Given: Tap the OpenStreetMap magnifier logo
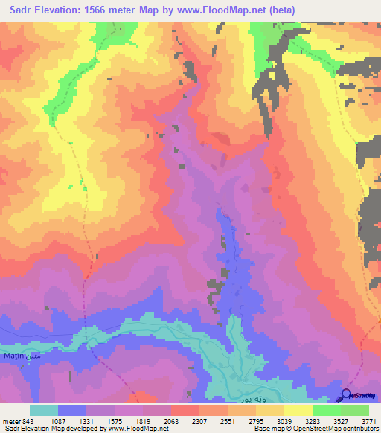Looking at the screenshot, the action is (347, 395).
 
